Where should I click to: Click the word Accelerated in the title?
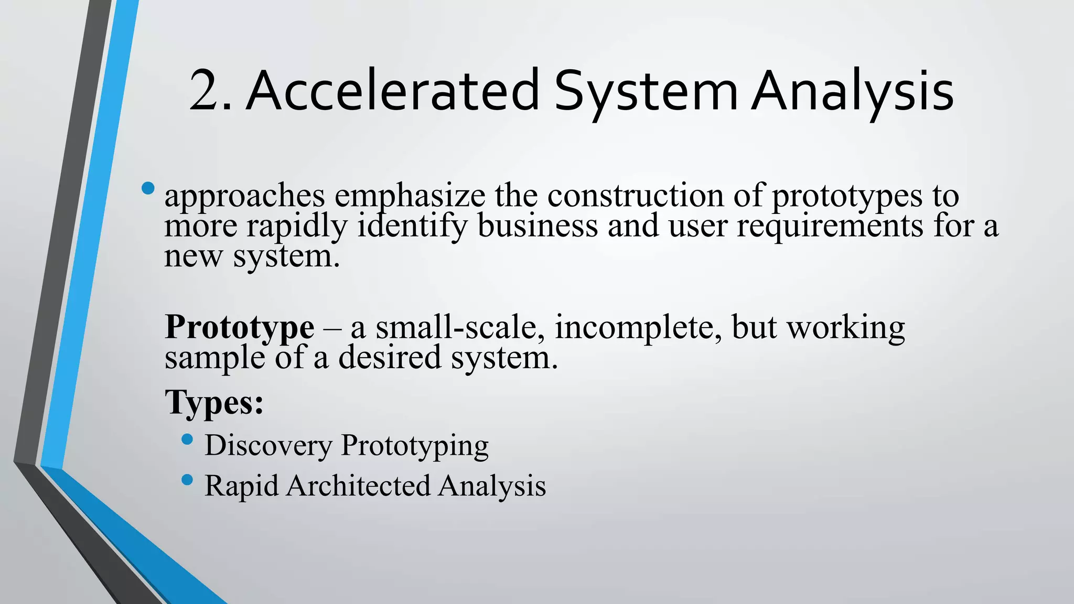(392, 90)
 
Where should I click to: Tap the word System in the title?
(646, 90)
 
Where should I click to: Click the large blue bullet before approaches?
(148, 188)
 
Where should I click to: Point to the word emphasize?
(410, 196)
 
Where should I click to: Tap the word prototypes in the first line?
(847, 196)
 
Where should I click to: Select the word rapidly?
(297, 226)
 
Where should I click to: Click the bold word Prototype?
(240, 327)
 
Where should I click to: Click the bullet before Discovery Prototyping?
(187, 439)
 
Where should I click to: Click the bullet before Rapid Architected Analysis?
(187, 480)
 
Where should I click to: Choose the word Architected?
(358, 486)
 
